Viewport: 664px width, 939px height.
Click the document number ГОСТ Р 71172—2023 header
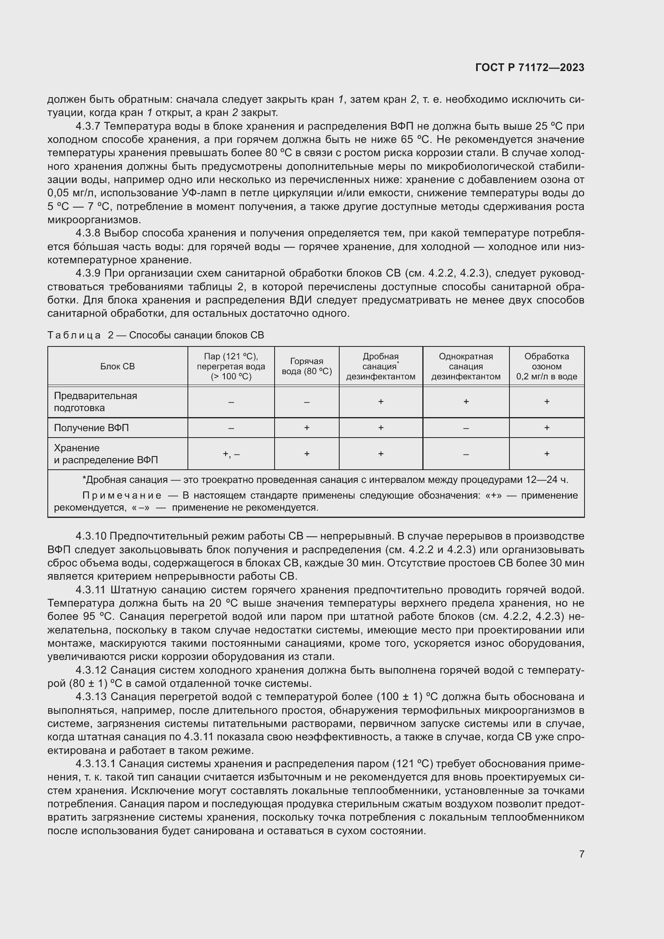coord(530,67)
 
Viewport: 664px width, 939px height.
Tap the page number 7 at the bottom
coord(581,854)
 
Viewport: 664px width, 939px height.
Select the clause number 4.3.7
coord(88,126)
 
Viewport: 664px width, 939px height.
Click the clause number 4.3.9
coord(88,273)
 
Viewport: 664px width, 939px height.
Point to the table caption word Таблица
coord(74,335)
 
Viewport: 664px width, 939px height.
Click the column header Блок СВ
coord(117,367)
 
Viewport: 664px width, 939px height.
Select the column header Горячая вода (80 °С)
coord(307,367)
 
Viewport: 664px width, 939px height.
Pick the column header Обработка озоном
coord(547,367)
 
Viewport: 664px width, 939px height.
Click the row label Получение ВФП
coord(91,428)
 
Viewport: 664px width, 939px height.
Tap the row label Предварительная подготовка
coord(95,401)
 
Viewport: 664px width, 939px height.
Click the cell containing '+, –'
coord(231,454)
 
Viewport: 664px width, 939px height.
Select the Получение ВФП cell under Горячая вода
coord(307,428)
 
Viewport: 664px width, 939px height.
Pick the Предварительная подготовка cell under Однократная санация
coord(466,401)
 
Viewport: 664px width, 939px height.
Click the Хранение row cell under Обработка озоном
coord(547,454)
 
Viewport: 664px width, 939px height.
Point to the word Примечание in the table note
coord(122,496)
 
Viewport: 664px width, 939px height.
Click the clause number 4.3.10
coord(91,536)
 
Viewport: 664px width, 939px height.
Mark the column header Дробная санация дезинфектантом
coord(381,367)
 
